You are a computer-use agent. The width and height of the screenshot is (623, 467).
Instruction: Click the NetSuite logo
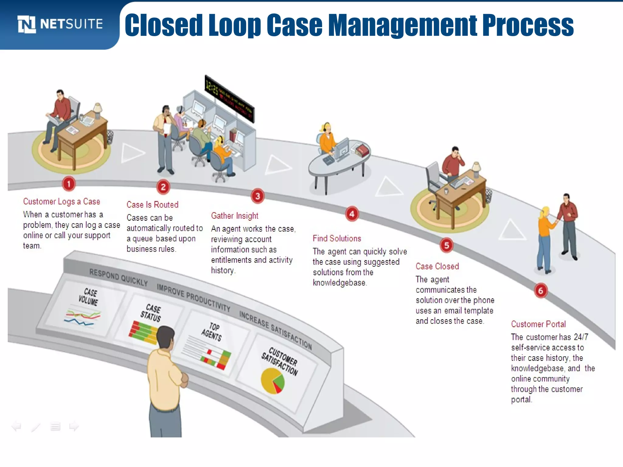tap(60, 24)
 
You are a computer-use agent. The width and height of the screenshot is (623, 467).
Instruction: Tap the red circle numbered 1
tap(69, 184)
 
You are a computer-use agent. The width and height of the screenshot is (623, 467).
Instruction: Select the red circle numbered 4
tap(352, 214)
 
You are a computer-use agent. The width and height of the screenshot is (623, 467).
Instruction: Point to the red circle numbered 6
tap(541, 291)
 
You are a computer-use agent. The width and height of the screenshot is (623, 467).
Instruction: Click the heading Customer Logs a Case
tap(61, 202)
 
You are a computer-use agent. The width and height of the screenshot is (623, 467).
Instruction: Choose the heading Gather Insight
tap(235, 216)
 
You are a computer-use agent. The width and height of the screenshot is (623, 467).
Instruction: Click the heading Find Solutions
tap(337, 239)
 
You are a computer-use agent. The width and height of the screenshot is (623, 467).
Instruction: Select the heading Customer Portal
tap(538, 324)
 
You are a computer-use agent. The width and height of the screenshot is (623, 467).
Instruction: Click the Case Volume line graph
tap(82, 317)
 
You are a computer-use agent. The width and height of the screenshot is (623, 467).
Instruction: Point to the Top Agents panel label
tap(212, 332)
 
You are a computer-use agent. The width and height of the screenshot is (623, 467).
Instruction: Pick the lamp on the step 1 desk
tap(98, 110)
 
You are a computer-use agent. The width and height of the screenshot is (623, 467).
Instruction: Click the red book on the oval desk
tap(362, 150)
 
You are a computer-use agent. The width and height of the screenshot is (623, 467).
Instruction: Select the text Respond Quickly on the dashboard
tap(118, 277)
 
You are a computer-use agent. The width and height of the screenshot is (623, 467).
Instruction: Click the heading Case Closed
tap(437, 266)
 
